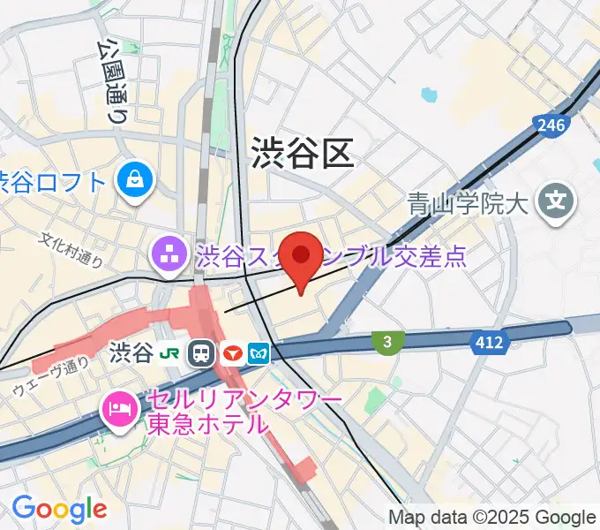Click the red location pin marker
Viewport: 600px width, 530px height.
pyautogui.click(x=302, y=258)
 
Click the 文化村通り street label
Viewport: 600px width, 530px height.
pyautogui.click(x=72, y=249)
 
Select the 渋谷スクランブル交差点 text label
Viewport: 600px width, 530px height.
pyautogui.click(x=331, y=257)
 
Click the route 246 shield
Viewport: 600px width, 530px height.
pyautogui.click(x=551, y=126)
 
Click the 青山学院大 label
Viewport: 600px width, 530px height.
pyautogui.click(x=466, y=205)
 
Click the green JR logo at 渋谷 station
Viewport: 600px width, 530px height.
pyautogui.click(x=171, y=354)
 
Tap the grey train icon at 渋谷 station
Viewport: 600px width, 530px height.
pyautogui.click(x=202, y=354)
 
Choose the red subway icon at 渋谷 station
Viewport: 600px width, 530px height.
pyautogui.click(x=232, y=354)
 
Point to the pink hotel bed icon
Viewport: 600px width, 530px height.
pyautogui.click(x=117, y=408)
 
